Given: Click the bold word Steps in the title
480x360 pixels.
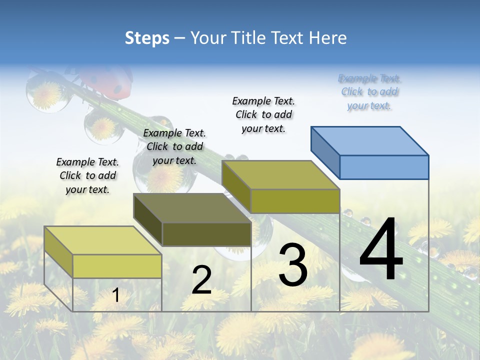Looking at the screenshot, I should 147,38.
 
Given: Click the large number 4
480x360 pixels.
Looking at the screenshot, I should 381,250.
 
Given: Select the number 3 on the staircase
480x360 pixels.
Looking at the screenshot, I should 293,265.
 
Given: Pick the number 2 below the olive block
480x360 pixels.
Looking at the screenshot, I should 201,280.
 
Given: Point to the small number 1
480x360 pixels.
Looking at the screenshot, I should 116,295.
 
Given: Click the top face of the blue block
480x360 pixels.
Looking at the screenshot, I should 370,140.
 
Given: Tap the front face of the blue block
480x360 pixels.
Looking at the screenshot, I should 384,167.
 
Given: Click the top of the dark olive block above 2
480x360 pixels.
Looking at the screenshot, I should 192,208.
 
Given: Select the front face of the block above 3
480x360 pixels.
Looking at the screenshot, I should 295,201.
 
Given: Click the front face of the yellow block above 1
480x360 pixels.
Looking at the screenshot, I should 117,266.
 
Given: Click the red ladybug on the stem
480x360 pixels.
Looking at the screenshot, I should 107,82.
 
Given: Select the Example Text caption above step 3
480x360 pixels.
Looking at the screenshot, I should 263,114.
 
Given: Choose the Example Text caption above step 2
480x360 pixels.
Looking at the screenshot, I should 174,146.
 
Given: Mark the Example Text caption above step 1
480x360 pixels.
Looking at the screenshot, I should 87,175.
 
